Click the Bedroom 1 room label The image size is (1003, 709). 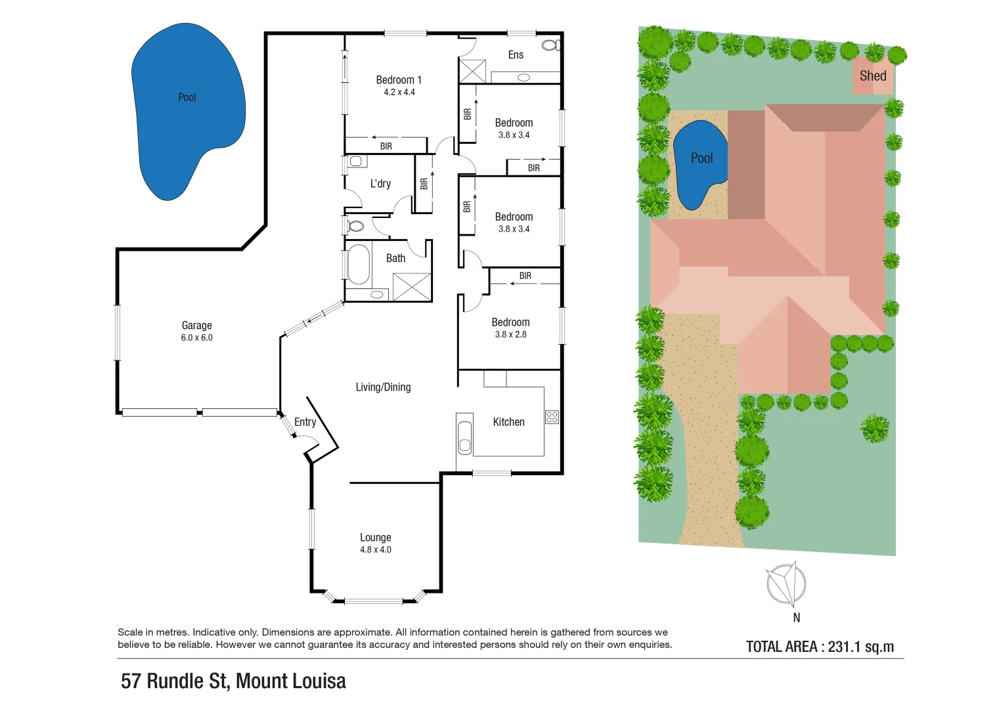[399, 80]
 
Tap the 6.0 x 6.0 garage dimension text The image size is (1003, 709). [196, 338]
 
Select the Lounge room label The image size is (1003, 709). [375, 538]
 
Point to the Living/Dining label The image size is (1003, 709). [383, 387]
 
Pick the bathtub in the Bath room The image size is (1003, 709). [358, 265]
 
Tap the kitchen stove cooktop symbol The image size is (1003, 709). [552, 417]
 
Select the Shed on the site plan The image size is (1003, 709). [872, 75]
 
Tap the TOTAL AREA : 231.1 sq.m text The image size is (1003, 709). [820, 647]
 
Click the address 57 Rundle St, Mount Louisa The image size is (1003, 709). [233, 681]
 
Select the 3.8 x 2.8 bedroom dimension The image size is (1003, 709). [510, 335]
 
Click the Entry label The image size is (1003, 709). [305, 422]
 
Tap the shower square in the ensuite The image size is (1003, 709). [472, 71]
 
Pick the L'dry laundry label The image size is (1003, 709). [380, 184]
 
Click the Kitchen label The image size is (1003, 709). [508, 422]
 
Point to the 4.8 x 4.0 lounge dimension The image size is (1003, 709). [375, 550]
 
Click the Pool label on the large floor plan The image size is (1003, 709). [187, 97]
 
